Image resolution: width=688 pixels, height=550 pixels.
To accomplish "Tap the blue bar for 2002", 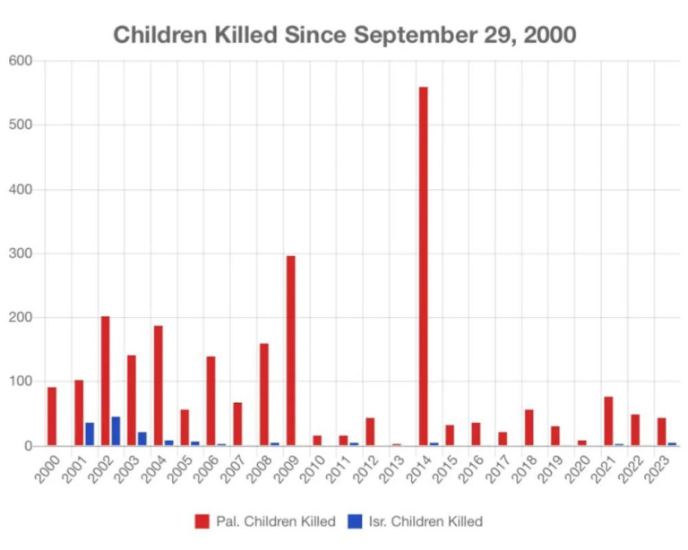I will pos(116,431).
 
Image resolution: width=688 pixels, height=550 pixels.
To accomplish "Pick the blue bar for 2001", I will pos(90,434).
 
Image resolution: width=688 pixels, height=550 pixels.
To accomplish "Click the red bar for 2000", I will pos(52,416).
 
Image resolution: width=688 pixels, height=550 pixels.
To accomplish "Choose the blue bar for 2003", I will pos(142,438).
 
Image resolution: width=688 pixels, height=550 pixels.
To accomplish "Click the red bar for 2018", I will pos(529,427).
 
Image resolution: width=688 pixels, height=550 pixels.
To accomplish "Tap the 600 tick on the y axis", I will pos(20,61).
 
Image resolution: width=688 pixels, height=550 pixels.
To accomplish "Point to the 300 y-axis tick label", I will pos(20,254).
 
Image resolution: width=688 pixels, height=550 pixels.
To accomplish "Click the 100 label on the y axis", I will pos(20,382).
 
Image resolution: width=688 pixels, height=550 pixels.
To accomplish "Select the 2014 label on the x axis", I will pos(416,468).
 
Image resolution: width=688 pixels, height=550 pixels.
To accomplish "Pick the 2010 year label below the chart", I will pos(310,468).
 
